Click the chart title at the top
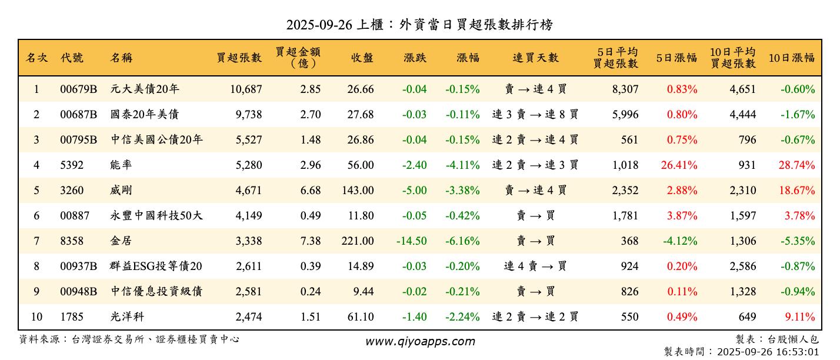pyautogui.click(x=419, y=25)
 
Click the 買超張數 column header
pyautogui.click(x=239, y=58)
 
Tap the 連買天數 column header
pyautogui.click(x=535, y=58)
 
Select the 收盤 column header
pyautogui.click(x=362, y=58)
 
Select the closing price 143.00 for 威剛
pyautogui.click(x=358, y=191)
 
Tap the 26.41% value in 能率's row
pyautogui.click(x=679, y=165)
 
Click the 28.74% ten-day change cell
pyautogui.click(x=796, y=165)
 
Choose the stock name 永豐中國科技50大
pyautogui.click(x=156, y=216)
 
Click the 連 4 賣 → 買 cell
pyautogui.click(x=535, y=266)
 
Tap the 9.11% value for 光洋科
pyautogui.click(x=800, y=317)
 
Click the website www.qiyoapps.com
pyautogui.click(x=419, y=341)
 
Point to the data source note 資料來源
pyautogui.click(x=129, y=339)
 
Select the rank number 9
pyautogui.click(x=36, y=292)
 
